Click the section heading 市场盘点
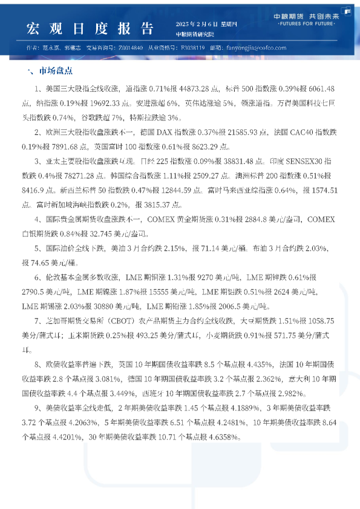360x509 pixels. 56,71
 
